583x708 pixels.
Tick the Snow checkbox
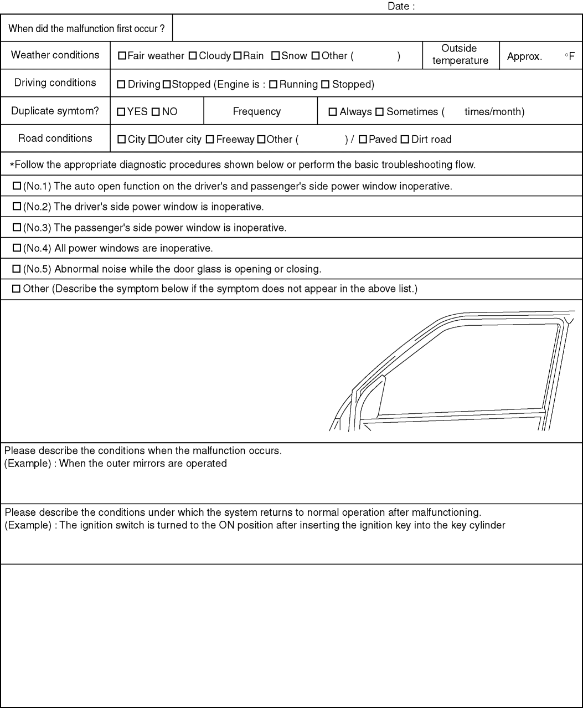(275, 56)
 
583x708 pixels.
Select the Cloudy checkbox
(193, 56)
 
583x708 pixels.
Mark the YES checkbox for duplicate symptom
(121, 112)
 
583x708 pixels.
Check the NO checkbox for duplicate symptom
(156, 112)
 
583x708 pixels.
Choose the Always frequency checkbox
(333, 112)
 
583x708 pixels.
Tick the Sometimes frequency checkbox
(379, 112)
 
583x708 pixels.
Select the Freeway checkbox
(209, 140)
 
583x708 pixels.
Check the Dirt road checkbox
(404, 140)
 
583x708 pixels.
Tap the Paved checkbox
(362, 140)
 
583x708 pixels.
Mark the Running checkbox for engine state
(273, 85)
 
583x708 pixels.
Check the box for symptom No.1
(17, 186)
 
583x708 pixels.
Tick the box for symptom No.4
(17, 248)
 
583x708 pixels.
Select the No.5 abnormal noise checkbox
(17, 269)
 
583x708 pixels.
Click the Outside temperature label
(460, 55)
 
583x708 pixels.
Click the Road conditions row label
(55, 138)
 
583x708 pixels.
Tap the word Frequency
(256, 111)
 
